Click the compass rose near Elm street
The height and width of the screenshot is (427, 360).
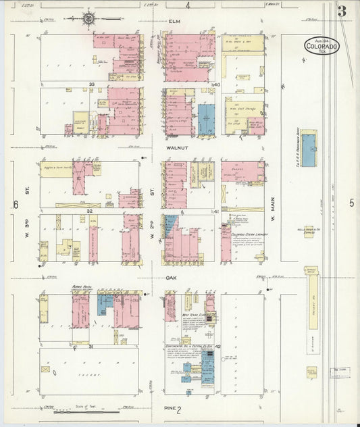point(88,19)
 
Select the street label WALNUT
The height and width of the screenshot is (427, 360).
point(178,144)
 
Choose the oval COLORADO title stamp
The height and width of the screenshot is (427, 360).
point(321,47)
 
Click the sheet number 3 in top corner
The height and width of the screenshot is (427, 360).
point(342,11)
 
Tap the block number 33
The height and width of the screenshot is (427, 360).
point(91,84)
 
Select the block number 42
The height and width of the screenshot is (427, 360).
point(218,345)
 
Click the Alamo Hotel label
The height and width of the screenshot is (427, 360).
point(81,286)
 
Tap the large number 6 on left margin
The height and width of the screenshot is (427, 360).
point(15,203)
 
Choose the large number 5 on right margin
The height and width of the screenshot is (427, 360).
point(352,202)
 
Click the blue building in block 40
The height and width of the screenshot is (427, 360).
point(206,120)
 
